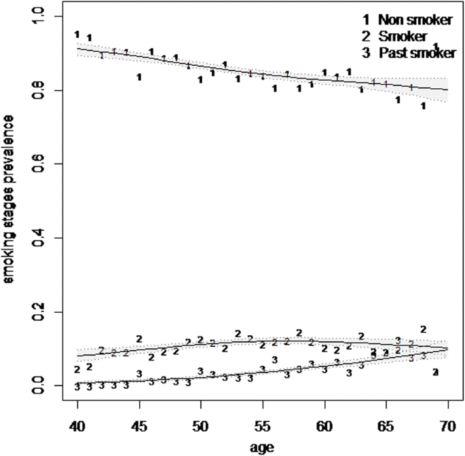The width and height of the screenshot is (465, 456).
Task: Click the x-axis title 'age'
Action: coord(262,448)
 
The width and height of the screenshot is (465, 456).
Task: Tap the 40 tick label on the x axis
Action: coord(77,425)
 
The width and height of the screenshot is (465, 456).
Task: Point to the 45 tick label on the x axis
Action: coord(139,425)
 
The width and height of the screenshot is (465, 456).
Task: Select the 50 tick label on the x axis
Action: coord(201,425)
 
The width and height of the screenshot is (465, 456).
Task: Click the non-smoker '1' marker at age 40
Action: coord(77,35)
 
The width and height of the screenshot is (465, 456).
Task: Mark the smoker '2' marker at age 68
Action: coord(424,330)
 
